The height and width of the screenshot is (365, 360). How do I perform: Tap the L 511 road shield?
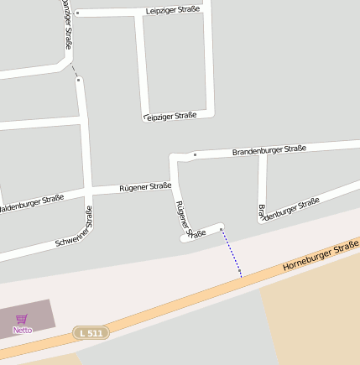(x=91, y=333)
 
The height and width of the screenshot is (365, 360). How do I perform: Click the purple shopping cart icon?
(x=22, y=319)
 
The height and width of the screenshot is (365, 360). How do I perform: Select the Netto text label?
(x=23, y=330)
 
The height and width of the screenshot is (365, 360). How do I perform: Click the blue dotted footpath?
(x=232, y=253)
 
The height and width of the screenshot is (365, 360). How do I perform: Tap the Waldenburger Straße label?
(x=30, y=203)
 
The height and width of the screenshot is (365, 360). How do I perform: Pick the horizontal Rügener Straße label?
(x=145, y=187)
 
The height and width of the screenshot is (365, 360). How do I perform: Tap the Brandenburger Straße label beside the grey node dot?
(x=269, y=149)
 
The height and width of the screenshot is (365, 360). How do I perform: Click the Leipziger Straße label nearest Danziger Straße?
(x=172, y=11)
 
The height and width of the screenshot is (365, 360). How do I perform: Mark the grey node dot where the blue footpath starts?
(x=222, y=228)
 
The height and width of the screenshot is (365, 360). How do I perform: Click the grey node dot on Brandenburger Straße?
(x=195, y=155)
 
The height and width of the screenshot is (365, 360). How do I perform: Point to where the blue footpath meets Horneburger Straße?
(x=241, y=276)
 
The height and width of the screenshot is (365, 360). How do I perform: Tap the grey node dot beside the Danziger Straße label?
(x=77, y=13)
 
